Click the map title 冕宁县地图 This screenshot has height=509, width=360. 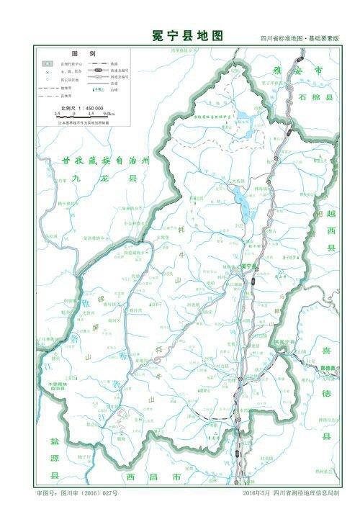(x=179, y=35)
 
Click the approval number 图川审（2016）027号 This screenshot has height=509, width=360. (x=76, y=495)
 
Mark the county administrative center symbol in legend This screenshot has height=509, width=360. (x=46, y=64)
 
